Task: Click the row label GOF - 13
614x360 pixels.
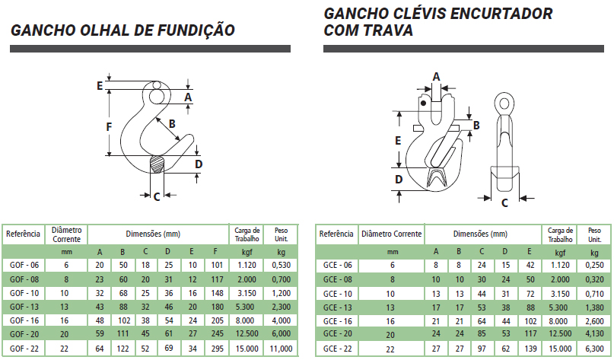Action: click(x=24, y=307)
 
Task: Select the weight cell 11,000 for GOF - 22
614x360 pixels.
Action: click(x=281, y=349)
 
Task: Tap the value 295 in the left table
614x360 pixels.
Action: click(x=217, y=349)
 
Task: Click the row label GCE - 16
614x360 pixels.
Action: click(x=338, y=321)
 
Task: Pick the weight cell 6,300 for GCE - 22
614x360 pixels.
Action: click(x=594, y=349)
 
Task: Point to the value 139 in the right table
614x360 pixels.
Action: click(x=530, y=349)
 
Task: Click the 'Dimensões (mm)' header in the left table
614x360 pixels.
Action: click(x=153, y=234)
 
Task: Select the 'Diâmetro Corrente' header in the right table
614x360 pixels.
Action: click(x=392, y=234)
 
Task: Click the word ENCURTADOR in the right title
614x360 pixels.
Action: click(x=501, y=14)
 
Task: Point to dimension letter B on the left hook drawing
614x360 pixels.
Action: click(x=172, y=124)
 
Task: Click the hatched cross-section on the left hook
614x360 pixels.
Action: click(x=157, y=164)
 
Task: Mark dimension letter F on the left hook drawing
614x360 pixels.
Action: click(x=110, y=127)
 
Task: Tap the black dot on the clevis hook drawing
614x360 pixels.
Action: click(x=423, y=104)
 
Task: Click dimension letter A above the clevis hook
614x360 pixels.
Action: click(x=436, y=77)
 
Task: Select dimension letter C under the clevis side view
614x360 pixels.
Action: click(x=504, y=203)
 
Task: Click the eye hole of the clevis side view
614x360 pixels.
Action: click(x=504, y=104)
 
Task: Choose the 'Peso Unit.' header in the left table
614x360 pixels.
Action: click(x=282, y=234)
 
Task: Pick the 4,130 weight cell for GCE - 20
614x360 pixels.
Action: click(x=594, y=335)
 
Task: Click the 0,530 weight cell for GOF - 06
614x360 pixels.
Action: click(x=282, y=265)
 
